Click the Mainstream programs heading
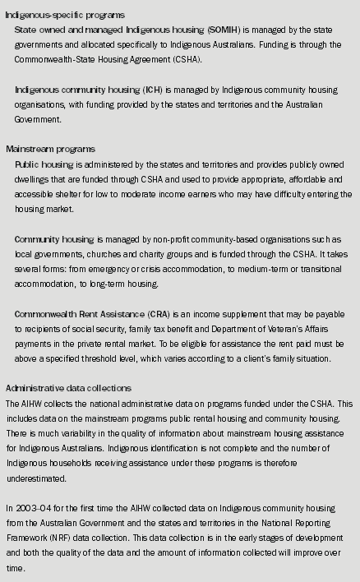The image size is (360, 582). (x=51, y=150)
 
